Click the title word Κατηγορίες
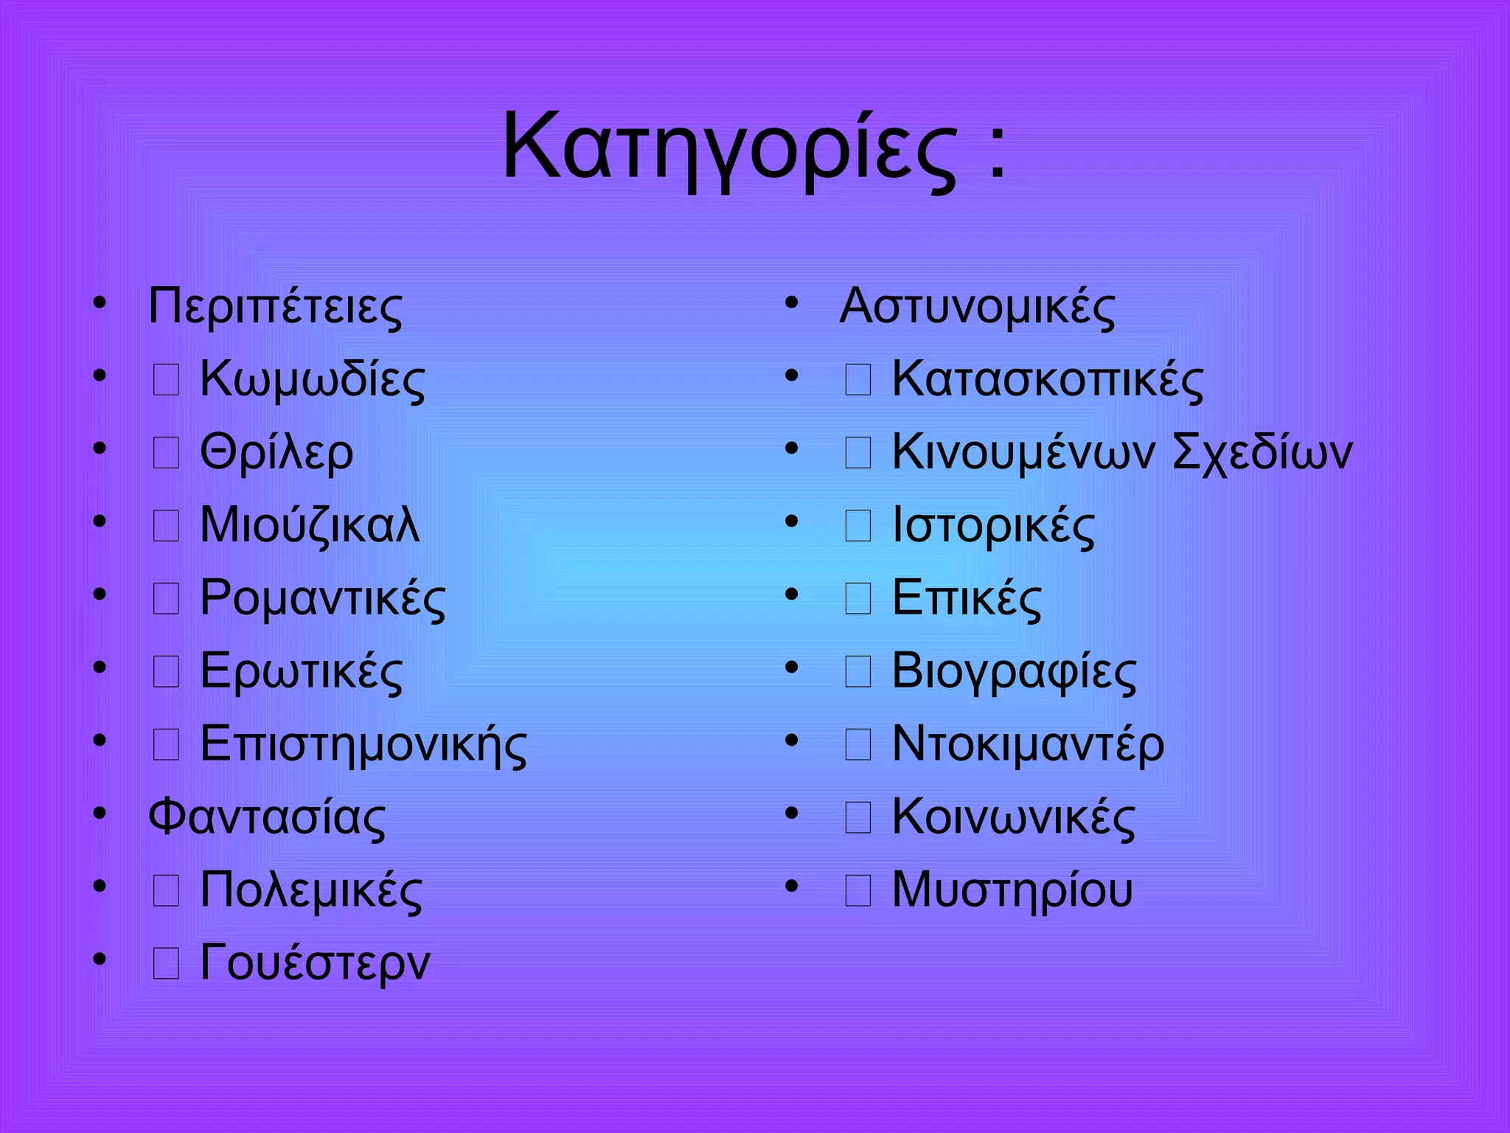[x=728, y=148]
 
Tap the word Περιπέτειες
[x=275, y=306]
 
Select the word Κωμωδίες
[x=312, y=379]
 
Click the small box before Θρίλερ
[x=166, y=452]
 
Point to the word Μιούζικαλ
[x=310, y=524]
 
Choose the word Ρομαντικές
[x=322, y=597]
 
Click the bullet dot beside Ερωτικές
[x=100, y=668]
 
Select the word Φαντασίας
[x=267, y=817]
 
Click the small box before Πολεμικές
[x=166, y=890]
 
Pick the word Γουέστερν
[x=315, y=963]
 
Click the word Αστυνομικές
[x=977, y=306]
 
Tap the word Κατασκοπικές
[x=1047, y=379]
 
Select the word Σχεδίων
[x=1262, y=452]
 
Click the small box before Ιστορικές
[x=857, y=525]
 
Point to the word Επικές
[x=967, y=597]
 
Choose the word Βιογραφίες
[x=1014, y=671]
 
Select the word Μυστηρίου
[x=1012, y=890]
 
